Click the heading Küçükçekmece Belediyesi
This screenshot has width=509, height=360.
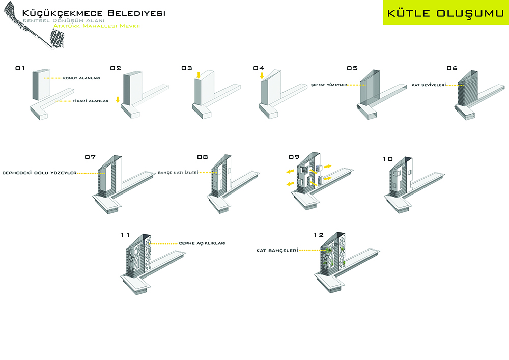(94, 13)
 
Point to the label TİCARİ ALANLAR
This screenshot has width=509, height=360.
(90, 101)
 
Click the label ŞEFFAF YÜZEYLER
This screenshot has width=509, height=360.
(328, 85)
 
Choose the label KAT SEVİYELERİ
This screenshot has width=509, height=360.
(429, 85)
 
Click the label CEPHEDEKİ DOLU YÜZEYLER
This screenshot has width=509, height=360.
(40, 173)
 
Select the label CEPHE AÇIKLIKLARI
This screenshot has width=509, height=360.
(202, 243)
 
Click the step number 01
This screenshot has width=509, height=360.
(20, 68)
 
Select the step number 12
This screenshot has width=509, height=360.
(319, 235)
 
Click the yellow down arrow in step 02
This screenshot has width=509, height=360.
(118, 99)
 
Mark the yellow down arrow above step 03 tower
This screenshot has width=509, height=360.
(199, 75)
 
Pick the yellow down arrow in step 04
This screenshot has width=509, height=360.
(262, 75)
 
